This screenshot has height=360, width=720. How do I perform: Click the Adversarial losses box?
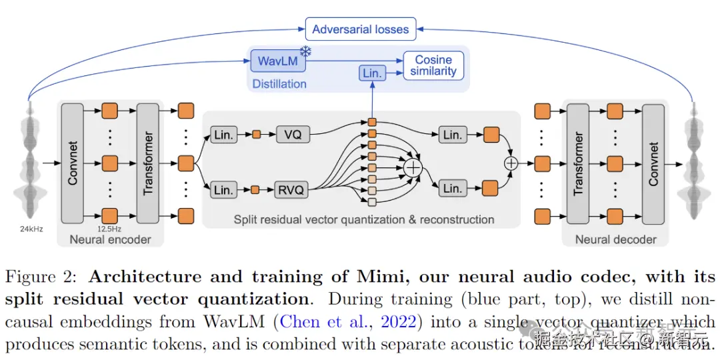pos(360,29)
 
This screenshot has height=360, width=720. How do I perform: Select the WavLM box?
pos(277,61)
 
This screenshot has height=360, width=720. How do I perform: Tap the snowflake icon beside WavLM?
pos(307,52)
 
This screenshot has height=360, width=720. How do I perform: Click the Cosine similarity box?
pos(433,65)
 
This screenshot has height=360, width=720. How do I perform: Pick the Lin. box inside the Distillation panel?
pos(372,73)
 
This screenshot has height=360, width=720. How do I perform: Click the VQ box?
pos(292,135)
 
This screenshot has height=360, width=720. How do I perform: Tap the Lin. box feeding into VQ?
pos(223,135)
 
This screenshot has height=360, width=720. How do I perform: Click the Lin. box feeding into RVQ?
pos(223,190)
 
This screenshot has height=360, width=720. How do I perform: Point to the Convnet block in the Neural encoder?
pos(72,163)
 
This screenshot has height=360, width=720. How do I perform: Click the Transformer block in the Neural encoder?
pos(147,163)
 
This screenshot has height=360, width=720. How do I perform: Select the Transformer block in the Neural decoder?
pos(577,163)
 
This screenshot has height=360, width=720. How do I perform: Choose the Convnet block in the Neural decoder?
pos(653,163)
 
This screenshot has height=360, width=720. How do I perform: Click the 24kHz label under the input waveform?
pos(31,229)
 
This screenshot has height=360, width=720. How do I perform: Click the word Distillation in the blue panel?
pos(279,84)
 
